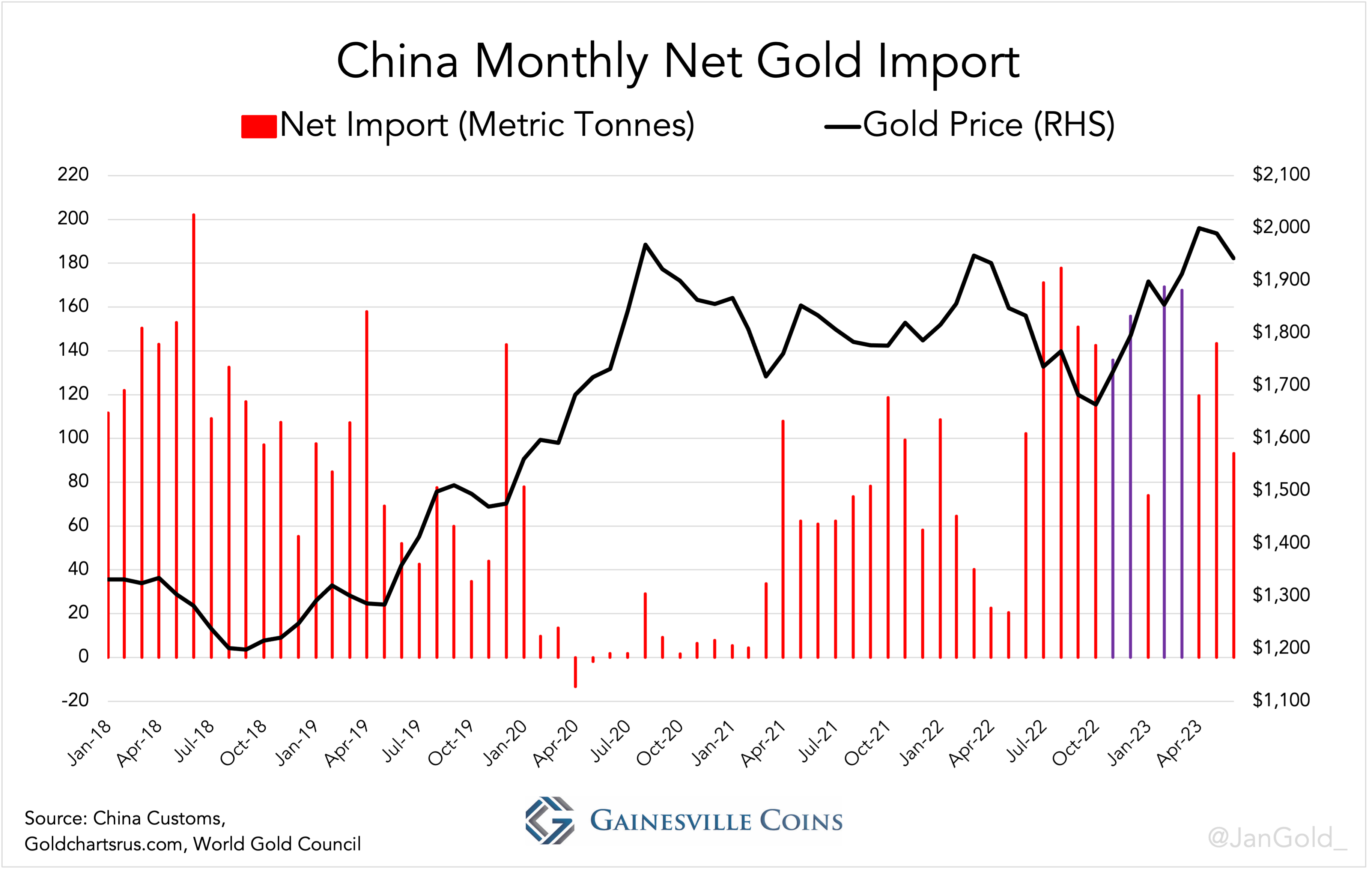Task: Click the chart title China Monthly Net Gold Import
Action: (678, 62)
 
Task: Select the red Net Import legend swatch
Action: (259, 126)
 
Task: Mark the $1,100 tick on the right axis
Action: (1281, 700)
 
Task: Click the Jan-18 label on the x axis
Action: (89, 743)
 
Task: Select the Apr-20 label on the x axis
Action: (555, 743)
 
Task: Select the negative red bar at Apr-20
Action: (575, 672)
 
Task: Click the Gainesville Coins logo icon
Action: (549, 820)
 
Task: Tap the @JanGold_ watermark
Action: (1276, 838)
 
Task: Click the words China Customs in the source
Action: (159, 818)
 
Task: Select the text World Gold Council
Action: (277, 844)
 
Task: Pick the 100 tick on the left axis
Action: (73, 437)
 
